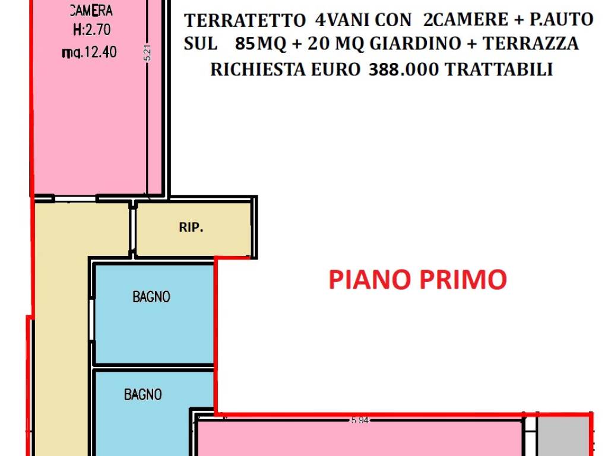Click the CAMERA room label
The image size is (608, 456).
[x=91, y=11]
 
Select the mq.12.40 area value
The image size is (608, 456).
[x=89, y=52]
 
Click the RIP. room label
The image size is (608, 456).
[x=191, y=227]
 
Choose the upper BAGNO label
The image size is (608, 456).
[x=151, y=297]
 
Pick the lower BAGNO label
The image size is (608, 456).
[x=142, y=394]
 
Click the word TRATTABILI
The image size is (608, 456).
[x=499, y=69]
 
